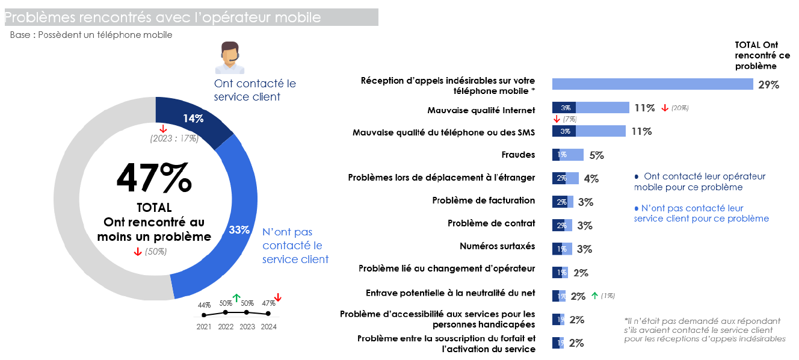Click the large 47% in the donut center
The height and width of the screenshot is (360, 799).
tap(154, 178)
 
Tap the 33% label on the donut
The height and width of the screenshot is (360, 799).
tap(239, 230)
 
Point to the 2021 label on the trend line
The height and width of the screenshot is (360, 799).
tap(204, 327)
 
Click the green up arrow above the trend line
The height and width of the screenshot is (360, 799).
tap(236, 297)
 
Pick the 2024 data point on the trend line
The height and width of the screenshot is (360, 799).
tap(268, 314)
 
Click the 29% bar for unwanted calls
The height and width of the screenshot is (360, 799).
tap(652, 84)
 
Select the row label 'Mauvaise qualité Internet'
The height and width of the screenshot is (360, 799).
tap(481, 110)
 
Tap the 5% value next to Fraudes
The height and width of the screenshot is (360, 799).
tap(596, 155)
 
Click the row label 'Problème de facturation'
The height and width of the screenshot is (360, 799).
tap(483, 200)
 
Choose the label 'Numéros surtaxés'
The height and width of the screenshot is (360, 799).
tap(497, 246)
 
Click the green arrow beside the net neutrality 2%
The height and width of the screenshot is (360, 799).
tap(594, 296)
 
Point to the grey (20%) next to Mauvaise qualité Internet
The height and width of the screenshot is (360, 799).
tap(680, 108)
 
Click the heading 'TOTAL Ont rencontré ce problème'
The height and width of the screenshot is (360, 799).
tap(762, 55)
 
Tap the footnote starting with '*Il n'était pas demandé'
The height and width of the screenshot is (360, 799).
tap(705, 330)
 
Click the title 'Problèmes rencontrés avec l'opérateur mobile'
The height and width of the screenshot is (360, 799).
tap(162, 17)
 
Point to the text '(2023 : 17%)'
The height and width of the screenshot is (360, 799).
tap(174, 139)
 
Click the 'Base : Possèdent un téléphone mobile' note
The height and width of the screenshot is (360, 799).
tap(91, 35)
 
